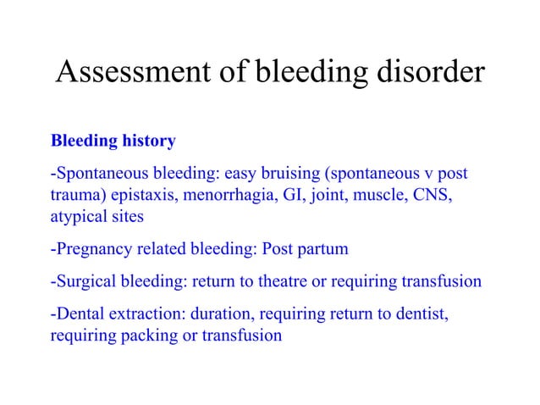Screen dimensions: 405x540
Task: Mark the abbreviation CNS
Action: pyautogui.click(x=430, y=197)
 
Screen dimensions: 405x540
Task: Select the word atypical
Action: pyautogui.click(x=76, y=216)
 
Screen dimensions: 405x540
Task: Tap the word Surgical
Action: pyautogui.click(x=83, y=281)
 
